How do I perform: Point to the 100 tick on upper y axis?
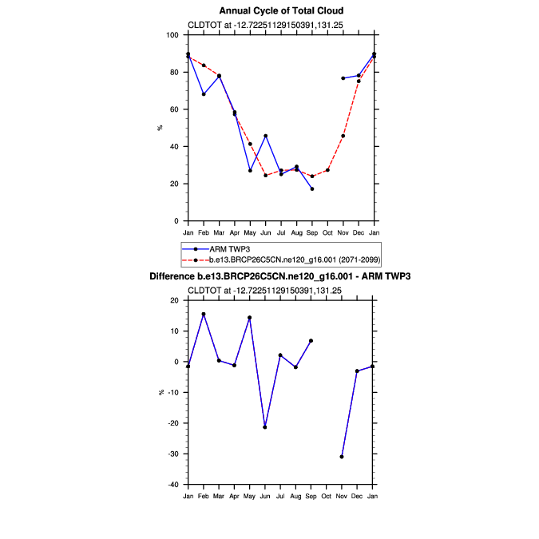click(174, 35)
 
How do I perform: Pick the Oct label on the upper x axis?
click(327, 232)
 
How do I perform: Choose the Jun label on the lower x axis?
click(265, 496)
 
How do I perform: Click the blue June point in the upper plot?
click(265, 136)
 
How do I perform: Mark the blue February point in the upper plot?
click(204, 94)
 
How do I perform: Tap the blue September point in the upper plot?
click(311, 188)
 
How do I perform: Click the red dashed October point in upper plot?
click(327, 170)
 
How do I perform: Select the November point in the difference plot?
click(343, 457)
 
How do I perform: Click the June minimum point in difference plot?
click(265, 427)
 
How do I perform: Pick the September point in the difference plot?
click(311, 341)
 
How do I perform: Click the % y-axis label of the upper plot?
click(160, 128)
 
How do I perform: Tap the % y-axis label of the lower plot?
click(160, 392)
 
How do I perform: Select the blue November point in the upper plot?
click(343, 78)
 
